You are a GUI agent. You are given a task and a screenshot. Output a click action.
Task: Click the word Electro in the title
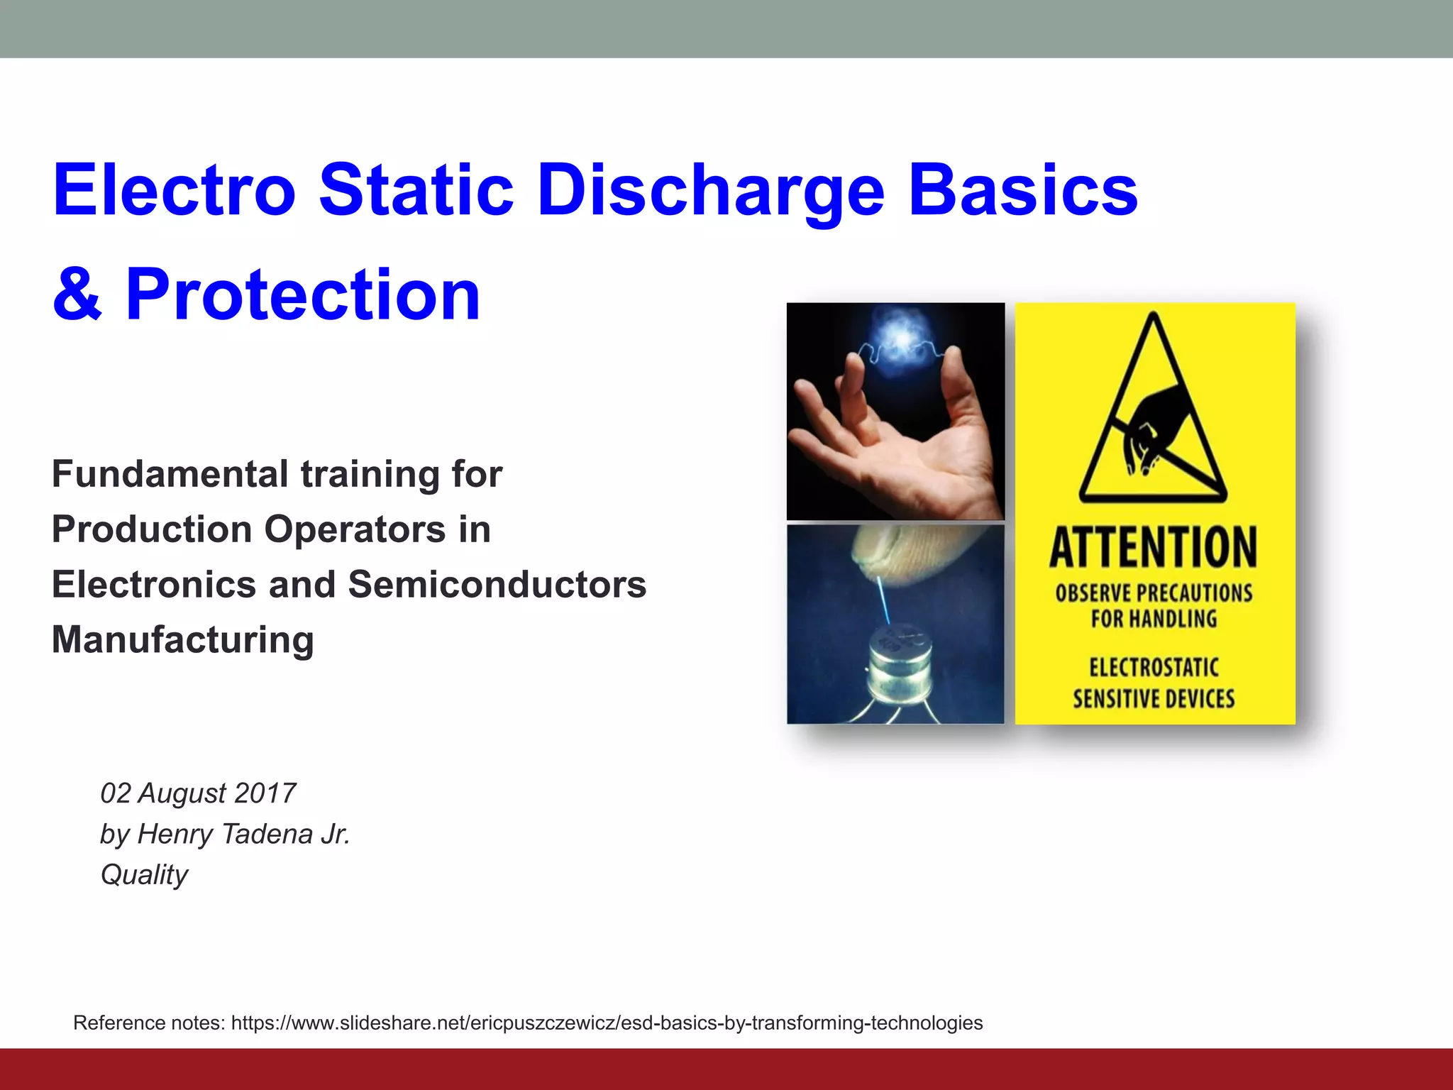pos(174,189)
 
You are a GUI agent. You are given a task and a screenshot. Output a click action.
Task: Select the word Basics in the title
pos(1022,189)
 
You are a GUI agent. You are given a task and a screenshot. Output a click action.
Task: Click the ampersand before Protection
pos(77,294)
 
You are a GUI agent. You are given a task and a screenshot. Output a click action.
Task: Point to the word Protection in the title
pos(303,294)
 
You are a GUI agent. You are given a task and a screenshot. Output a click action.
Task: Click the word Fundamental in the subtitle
pos(170,474)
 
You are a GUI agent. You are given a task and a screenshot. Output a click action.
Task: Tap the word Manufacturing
pos(183,639)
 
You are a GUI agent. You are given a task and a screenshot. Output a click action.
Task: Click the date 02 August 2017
pos(198,793)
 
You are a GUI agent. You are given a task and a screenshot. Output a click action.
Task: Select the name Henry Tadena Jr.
pos(243,834)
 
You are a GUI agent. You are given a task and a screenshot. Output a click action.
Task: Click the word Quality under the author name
pos(144,875)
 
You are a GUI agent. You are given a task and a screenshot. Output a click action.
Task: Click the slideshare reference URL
pos(607,1023)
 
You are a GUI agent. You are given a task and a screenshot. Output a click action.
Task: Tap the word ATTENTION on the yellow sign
pos(1154,547)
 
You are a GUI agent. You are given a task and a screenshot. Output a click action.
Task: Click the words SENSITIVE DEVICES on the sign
pos(1154,699)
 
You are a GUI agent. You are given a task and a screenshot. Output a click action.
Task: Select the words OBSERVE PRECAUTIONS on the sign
pos(1154,593)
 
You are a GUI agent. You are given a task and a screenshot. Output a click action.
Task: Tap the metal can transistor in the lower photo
pos(900,664)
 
